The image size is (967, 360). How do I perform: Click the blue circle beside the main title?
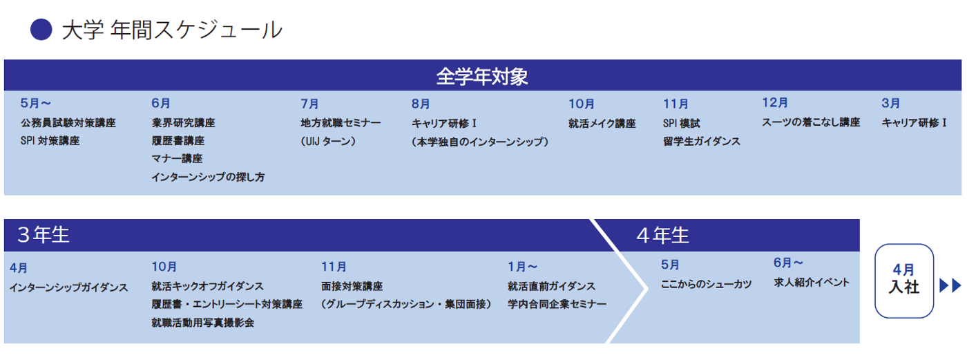pos(41,30)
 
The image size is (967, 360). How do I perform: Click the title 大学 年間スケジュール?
pos(172,30)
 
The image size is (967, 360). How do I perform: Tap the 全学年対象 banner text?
pos(482,77)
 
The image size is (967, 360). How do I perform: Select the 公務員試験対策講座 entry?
pos(68,123)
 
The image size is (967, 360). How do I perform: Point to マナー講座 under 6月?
pos(177,159)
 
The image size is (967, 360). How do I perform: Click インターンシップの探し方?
pos(208,177)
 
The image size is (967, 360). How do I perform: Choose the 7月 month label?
pos(309,104)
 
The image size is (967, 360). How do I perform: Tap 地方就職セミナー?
pos(341,123)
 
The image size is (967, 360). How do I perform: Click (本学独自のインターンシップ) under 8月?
pos(480,142)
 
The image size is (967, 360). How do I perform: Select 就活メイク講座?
pos(602,124)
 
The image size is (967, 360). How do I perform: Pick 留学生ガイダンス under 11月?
pos(702,141)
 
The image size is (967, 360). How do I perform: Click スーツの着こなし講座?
pos(811,122)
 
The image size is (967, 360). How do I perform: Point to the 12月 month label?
pos(775,103)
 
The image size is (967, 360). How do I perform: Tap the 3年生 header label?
pos(43,235)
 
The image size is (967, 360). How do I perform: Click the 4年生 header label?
pos(662,235)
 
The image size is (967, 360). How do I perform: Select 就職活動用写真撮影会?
pos(202,323)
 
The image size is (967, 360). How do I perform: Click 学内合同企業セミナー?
pos(557,304)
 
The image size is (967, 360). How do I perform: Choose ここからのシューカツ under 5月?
pos(706,284)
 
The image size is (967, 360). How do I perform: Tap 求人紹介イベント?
pos(812,283)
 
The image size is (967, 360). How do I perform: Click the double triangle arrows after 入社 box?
pos(950,285)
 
